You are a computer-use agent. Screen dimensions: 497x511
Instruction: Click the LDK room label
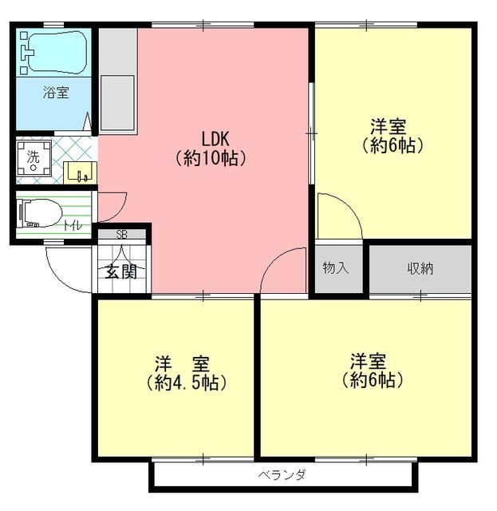point(215,139)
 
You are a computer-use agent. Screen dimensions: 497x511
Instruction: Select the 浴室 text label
point(56,93)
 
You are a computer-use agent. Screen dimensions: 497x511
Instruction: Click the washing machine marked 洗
point(34,158)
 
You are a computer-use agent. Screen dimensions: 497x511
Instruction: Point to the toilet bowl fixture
point(41,213)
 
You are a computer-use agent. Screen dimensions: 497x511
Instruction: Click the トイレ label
point(73,225)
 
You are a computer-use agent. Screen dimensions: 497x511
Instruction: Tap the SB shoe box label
point(121,234)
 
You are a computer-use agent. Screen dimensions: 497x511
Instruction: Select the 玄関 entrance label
point(120,271)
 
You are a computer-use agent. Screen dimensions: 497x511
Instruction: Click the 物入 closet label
point(336,268)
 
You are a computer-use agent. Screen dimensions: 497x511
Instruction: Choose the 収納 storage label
point(420,268)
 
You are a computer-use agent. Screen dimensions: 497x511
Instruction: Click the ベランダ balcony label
point(282,475)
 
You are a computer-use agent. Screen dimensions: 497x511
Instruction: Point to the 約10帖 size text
point(211,158)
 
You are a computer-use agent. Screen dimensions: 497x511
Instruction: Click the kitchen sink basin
point(117,103)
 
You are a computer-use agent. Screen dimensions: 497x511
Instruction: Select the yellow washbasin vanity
point(80,172)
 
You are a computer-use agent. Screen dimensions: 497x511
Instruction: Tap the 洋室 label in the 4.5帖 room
point(182,364)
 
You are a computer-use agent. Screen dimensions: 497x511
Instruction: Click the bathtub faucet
point(26,53)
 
